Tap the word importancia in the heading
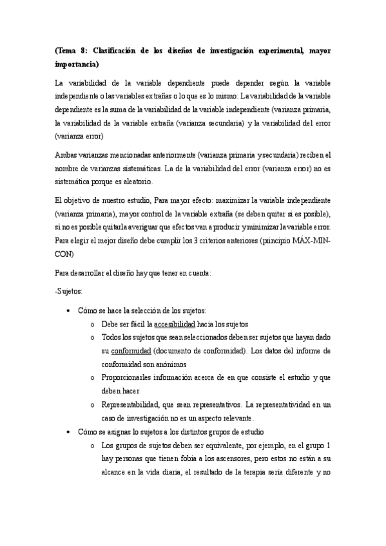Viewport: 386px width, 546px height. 77,64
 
